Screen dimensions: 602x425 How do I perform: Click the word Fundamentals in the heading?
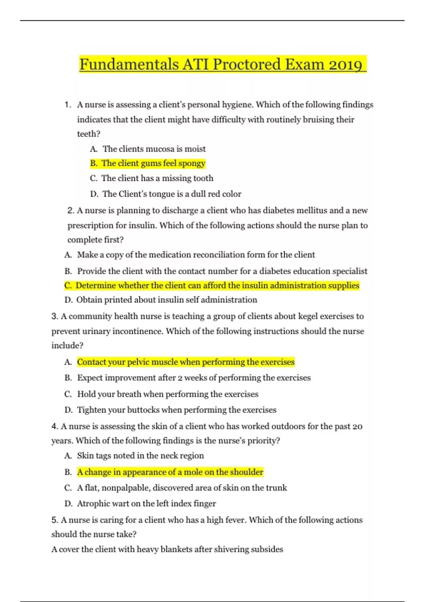[129, 64]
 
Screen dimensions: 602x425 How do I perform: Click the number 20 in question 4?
[357, 426]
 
